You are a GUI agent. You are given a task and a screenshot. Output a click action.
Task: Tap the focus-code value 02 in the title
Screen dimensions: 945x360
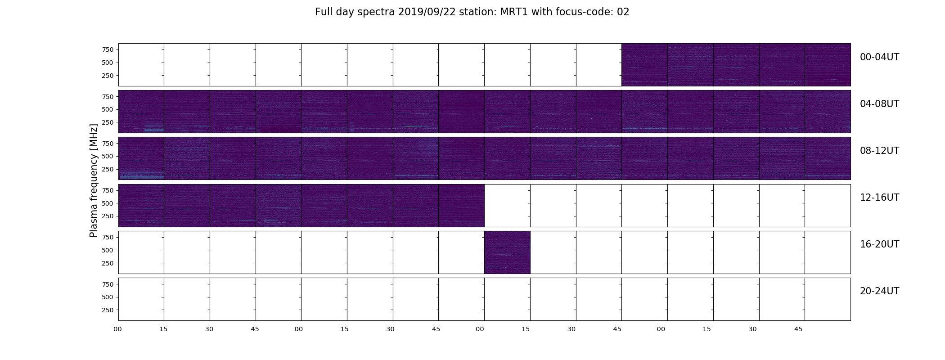623,12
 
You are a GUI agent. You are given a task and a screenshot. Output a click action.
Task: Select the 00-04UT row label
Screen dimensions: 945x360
879,57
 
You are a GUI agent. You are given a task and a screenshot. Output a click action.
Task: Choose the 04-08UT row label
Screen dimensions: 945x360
879,104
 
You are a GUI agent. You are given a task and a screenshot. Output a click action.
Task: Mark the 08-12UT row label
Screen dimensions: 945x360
879,151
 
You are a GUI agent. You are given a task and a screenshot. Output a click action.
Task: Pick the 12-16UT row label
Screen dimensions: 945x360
879,198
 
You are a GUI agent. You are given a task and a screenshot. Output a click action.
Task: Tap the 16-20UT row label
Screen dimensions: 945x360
879,244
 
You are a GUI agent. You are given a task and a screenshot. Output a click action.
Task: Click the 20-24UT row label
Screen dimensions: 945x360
879,291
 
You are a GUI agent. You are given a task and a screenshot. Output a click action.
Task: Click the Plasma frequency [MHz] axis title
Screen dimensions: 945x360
94,180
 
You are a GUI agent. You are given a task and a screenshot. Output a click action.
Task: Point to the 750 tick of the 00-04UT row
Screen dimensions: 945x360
108,49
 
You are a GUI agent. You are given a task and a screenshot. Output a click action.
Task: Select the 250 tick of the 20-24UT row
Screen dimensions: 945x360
108,310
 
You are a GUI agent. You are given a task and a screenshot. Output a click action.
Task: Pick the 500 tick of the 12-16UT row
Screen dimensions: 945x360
108,203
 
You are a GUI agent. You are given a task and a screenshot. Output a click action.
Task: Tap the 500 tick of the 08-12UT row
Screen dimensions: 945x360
108,156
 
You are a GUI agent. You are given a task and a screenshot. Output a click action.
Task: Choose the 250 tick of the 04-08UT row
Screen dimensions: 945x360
108,122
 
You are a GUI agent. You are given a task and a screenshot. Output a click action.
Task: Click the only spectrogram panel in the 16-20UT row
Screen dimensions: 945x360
507,252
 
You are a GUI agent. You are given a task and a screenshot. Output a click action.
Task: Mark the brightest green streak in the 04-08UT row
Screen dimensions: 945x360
416,126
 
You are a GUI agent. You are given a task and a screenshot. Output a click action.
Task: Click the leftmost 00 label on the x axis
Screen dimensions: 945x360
117,329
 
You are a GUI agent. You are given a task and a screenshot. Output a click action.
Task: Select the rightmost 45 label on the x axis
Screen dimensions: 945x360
798,329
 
